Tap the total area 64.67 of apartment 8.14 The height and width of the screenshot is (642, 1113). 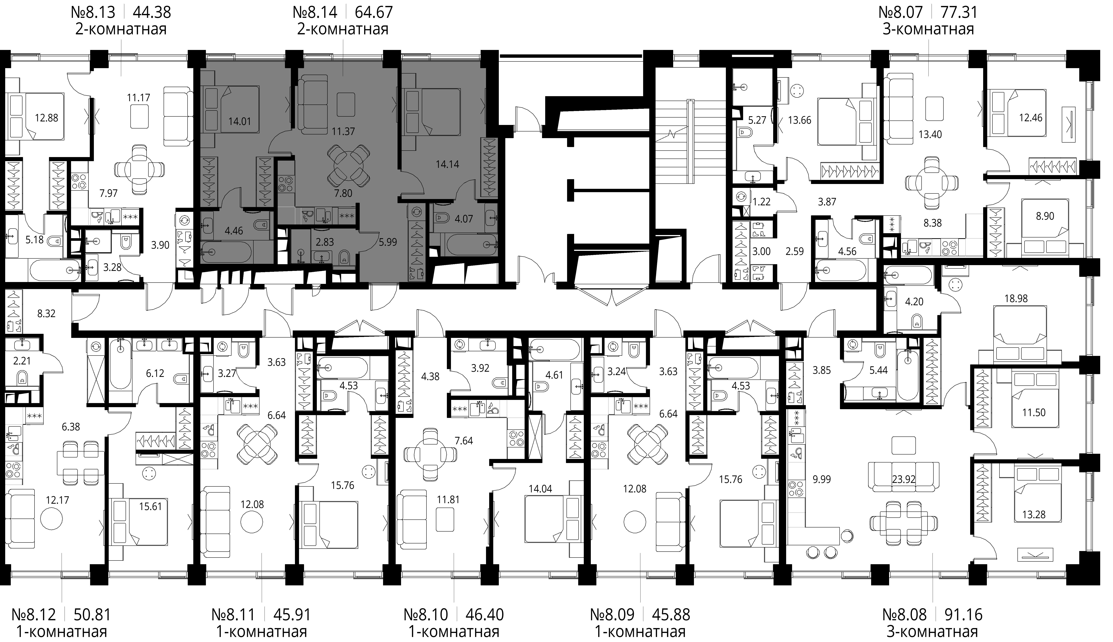[373, 12]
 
